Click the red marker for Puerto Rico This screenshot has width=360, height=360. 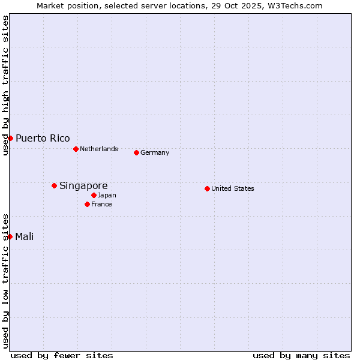pyautogui.click(x=10, y=139)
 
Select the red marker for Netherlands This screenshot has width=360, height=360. pyautogui.click(x=76, y=149)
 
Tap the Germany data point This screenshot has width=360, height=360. pyautogui.click(x=136, y=152)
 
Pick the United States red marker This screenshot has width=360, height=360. pyautogui.click(x=207, y=188)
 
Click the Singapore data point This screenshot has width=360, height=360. pyautogui.click(x=54, y=186)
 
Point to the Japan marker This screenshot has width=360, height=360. pyautogui.click(x=94, y=195)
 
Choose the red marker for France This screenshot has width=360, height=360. pyautogui.click(x=87, y=204)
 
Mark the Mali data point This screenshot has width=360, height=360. pyautogui.click(x=10, y=236)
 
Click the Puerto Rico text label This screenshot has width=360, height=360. pyautogui.click(x=43, y=139)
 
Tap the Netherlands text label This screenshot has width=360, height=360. pyautogui.click(x=99, y=149)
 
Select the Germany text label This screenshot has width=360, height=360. pyautogui.click(x=155, y=152)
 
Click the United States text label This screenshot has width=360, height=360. pyautogui.click(x=233, y=188)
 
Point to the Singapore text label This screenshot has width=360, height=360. pyautogui.click(x=83, y=186)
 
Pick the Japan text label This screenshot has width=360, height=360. pyautogui.click(x=107, y=195)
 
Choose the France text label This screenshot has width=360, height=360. pyautogui.click(x=101, y=204)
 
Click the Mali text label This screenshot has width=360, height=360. pyautogui.click(x=25, y=236)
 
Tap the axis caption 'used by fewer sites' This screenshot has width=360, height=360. pyautogui.click(x=62, y=355)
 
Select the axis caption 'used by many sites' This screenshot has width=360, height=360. pyautogui.click(x=301, y=355)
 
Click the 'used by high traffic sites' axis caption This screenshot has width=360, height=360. pyautogui.click(x=5, y=85)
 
